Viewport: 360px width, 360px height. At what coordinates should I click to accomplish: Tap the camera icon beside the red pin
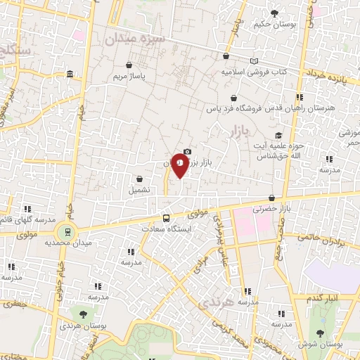[x=187, y=151]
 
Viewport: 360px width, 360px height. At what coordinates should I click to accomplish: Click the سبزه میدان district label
[x=134, y=39]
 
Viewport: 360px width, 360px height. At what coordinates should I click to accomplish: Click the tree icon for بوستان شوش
[x=321, y=333]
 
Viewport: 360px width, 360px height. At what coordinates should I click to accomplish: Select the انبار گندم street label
[x=324, y=298]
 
